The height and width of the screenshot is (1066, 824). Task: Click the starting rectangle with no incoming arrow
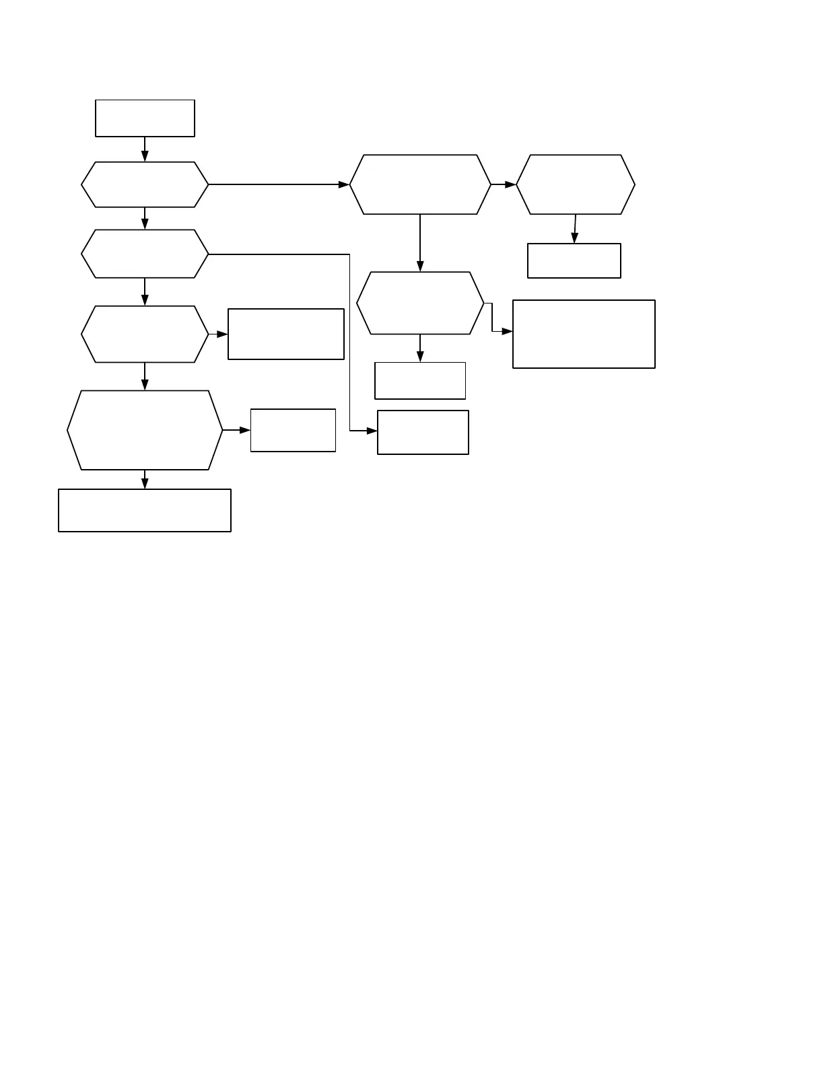click(145, 118)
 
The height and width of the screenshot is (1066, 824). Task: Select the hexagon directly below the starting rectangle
click(145, 184)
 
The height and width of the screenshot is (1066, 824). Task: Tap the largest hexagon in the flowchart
click(145, 430)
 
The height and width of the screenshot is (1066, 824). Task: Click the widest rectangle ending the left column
click(145, 510)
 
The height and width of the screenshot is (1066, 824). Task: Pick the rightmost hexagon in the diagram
click(576, 184)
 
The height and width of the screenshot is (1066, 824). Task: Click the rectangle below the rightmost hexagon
click(574, 260)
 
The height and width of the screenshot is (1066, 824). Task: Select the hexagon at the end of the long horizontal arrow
click(420, 184)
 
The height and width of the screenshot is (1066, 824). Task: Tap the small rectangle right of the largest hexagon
click(293, 430)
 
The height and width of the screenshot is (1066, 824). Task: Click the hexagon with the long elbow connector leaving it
click(145, 254)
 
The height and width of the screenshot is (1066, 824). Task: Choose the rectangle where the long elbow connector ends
click(423, 432)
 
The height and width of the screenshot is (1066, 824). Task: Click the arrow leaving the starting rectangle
click(145, 149)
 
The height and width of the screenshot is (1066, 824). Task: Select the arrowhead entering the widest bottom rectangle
click(145, 483)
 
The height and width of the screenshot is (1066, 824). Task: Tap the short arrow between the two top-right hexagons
click(504, 184)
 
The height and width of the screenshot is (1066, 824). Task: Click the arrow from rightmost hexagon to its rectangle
click(575, 229)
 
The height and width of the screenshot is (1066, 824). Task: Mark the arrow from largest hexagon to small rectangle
click(236, 430)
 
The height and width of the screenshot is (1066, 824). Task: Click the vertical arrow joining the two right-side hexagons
click(420, 243)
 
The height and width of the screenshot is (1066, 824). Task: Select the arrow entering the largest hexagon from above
click(145, 376)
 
